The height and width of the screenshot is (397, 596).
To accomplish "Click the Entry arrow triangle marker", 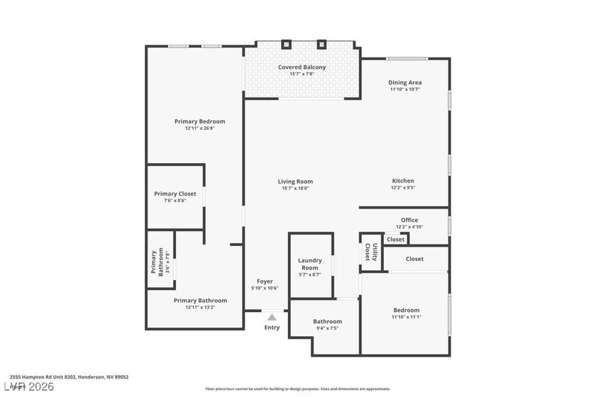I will [272, 318].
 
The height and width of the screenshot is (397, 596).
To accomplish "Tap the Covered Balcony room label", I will [302, 67].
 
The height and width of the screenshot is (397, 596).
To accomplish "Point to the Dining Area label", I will [404, 82].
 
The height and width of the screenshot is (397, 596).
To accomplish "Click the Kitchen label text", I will [403, 181].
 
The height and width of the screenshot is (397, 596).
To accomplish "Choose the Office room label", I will [409, 220].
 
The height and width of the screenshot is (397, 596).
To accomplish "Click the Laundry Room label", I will [310, 264].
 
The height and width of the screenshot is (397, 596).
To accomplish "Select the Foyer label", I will [265, 281].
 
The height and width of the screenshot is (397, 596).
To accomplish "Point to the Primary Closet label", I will [175, 194].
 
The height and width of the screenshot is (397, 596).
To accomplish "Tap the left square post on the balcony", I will [286, 44].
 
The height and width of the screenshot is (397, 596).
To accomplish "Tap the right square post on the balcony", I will [321, 44].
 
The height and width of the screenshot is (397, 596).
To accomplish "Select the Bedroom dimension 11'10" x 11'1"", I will [407, 317].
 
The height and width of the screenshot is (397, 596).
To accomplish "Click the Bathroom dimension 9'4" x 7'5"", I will [327, 328].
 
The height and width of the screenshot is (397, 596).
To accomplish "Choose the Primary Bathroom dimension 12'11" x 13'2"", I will [200, 307].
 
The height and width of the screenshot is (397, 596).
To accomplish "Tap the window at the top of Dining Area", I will [406, 58].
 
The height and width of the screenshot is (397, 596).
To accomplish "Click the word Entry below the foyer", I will [272, 328].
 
